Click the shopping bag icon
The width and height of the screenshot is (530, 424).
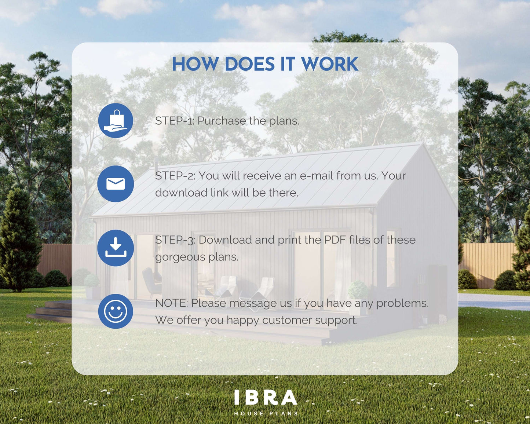(x=116, y=120)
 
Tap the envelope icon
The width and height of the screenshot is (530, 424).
(x=116, y=184)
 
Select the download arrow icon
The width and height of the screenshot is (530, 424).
(x=116, y=248)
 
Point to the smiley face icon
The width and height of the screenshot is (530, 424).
(x=116, y=311)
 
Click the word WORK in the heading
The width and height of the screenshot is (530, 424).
(x=330, y=64)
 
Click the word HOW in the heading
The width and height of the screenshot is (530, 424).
(x=195, y=64)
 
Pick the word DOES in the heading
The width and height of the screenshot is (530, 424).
(x=249, y=64)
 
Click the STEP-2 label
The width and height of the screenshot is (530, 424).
(x=175, y=176)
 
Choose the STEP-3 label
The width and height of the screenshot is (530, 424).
(x=175, y=240)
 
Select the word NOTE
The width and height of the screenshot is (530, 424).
(x=172, y=303)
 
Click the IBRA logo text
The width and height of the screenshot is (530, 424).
(x=266, y=397)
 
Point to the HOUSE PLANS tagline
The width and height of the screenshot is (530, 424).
(x=266, y=413)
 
